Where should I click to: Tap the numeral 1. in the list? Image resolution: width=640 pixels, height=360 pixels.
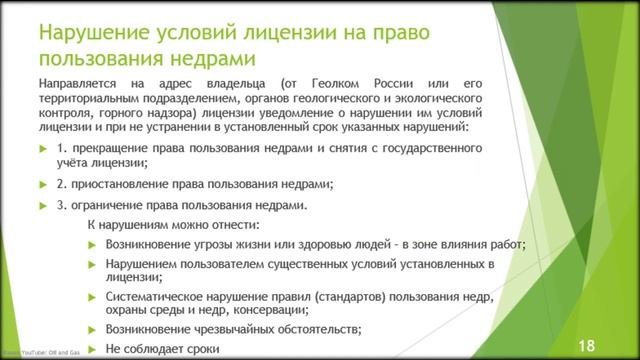(x=63, y=148)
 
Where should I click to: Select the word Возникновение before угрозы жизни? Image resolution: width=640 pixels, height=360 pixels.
(x=153, y=244)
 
